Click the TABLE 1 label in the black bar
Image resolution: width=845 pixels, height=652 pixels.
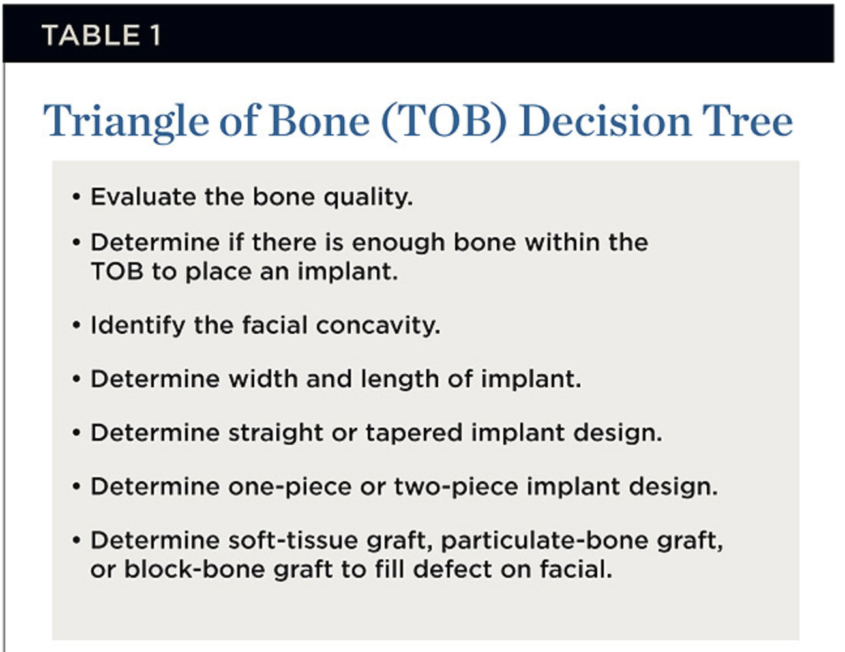pyautogui.click(x=101, y=35)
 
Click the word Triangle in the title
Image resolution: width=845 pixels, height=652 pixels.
pyautogui.click(x=126, y=122)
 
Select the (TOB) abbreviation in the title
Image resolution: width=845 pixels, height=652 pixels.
pyautogui.click(x=444, y=122)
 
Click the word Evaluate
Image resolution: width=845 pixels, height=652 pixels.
pyautogui.click(x=143, y=197)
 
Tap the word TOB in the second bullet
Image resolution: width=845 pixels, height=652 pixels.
pyautogui.click(x=117, y=271)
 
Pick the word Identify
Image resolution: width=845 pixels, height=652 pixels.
pyautogui.click(x=138, y=326)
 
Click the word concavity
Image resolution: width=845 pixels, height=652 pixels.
pyautogui.click(x=378, y=326)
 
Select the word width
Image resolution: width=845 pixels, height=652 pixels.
pyautogui.click(x=263, y=378)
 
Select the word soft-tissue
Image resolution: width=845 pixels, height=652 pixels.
pyautogui.click(x=293, y=541)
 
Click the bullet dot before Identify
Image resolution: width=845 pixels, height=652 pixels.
pyautogui.click(x=76, y=325)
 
